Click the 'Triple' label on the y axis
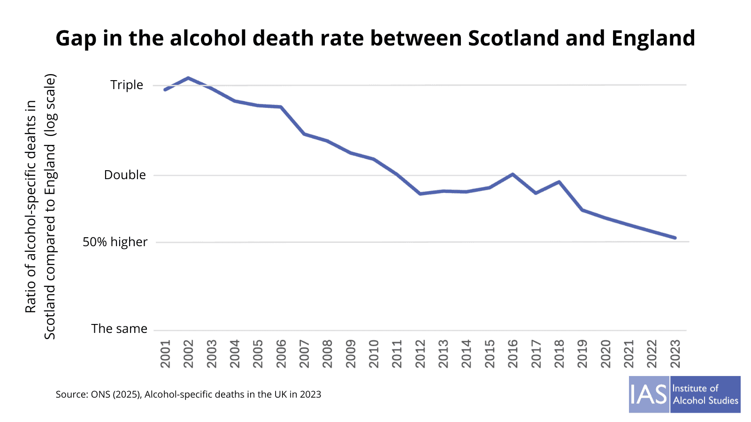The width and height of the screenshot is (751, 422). click(126, 85)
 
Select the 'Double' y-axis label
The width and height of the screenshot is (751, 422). click(125, 175)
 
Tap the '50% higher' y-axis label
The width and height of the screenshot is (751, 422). click(115, 242)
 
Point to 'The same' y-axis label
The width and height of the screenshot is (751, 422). click(119, 329)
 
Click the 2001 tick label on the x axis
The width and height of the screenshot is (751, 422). click(165, 354)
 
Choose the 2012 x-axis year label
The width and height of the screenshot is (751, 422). click(420, 354)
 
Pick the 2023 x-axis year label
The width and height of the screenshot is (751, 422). click(675, 354)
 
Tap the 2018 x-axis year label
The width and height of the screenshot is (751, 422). click(559, 354)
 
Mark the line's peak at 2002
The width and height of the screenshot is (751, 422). click(188, 78)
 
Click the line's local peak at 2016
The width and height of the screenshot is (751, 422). click(513, 174)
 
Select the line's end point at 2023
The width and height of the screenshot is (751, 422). click(675, 238)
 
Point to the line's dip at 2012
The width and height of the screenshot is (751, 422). click(420, 194)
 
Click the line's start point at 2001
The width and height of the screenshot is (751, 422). click(165, 90)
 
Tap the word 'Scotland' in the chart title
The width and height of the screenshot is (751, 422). click(513, 38)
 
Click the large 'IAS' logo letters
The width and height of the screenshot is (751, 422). click(649, 394)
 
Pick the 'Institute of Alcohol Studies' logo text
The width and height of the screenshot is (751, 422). click(705, 394)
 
